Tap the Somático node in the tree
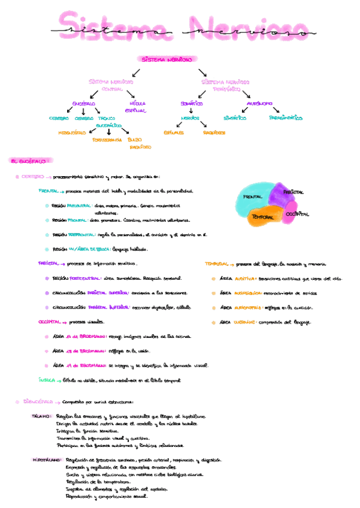click(x=192, y=103)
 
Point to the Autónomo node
click(x=260, y=103)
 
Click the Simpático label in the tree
click(x=234, y=118)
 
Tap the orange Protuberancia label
click(x=107, y=140)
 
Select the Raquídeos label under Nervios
click(x=213, y=132)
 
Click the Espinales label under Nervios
click(x=174, y=132)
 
